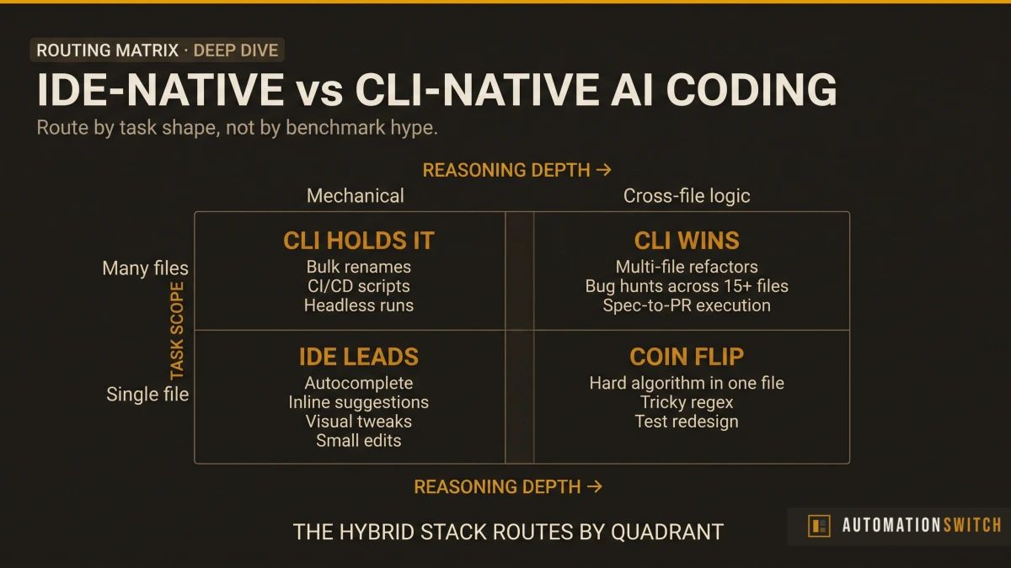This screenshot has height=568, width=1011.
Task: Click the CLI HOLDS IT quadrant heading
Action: point(358,241)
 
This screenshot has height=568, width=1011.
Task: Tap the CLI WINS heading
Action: point(687,241)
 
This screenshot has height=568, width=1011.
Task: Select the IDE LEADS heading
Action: point(358,357)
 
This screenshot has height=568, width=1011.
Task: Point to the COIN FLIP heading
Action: point(687,357)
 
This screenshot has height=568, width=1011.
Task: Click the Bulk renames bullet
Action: point(358,267)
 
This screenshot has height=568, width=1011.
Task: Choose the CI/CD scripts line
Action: point(358,286)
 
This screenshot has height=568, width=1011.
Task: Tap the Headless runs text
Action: point(358,305)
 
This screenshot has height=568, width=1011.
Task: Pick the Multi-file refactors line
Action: point(687,267)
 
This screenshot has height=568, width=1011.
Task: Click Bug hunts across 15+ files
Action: point(687,286)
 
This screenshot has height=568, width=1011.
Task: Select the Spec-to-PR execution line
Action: point(687,305)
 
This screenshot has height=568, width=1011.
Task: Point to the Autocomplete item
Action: point(358,383)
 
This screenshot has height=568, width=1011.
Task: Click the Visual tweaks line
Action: point(358,422)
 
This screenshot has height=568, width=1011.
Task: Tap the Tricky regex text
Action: point(687,402)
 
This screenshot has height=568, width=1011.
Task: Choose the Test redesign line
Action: point(687,422)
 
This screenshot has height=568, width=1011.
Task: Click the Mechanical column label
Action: point(355,196)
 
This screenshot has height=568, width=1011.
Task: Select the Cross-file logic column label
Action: point(687,196)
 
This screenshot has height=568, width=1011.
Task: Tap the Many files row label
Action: point(145,268)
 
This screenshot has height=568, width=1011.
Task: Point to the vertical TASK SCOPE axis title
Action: point(177,330)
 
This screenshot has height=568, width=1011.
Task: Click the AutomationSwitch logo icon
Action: point(818,526)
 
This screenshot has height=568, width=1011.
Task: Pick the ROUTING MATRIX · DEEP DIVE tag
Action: point(158,50)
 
